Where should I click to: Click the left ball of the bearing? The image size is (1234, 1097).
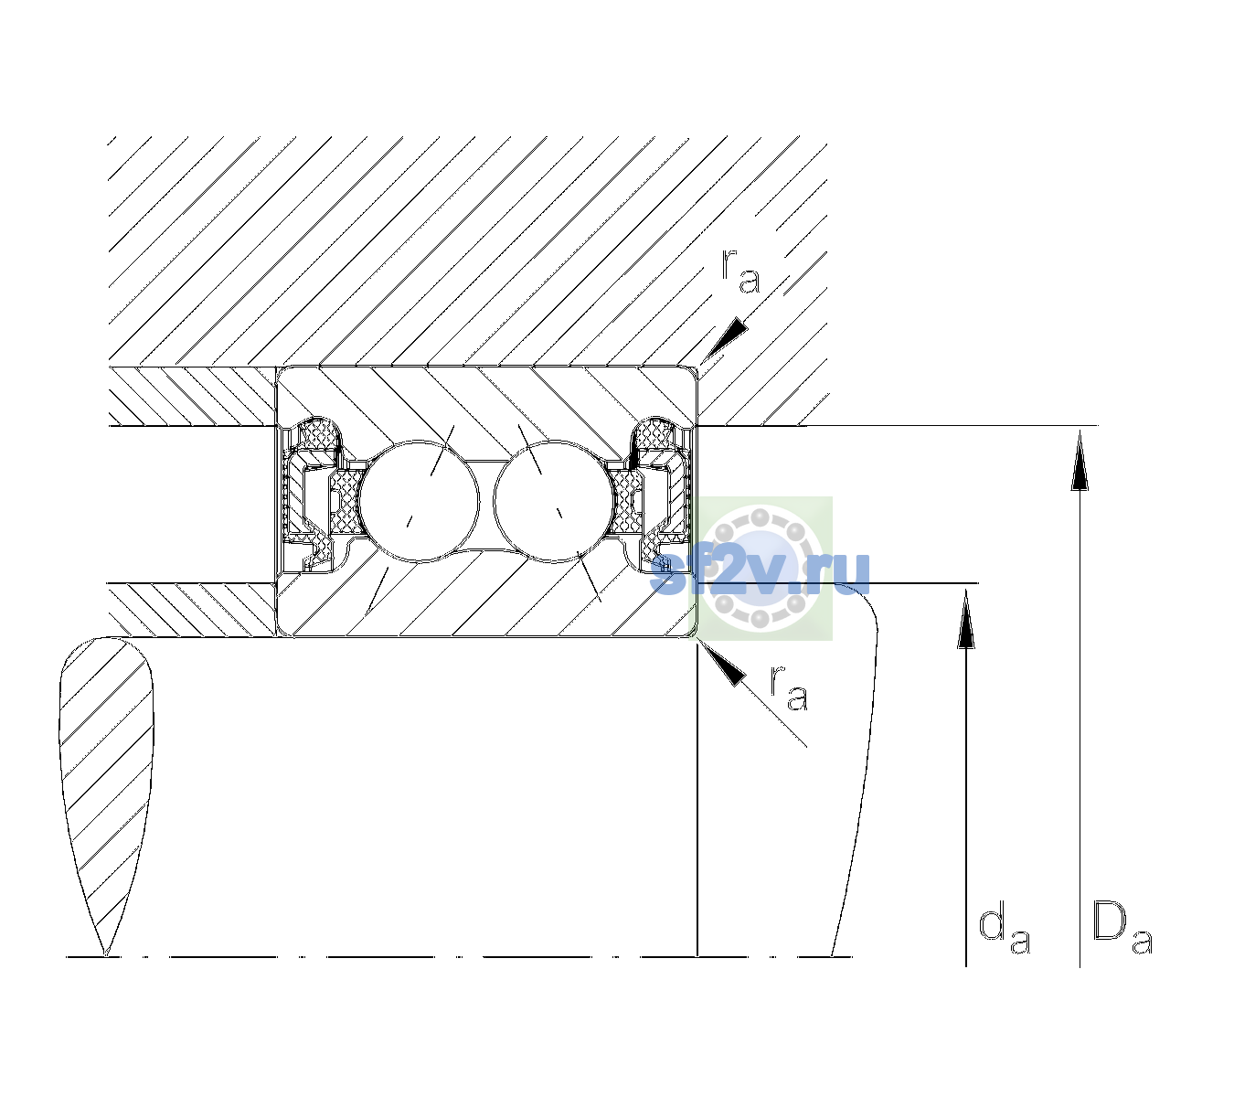[x=419, y=501]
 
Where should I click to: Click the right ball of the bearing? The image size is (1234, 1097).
[x=553, y=501]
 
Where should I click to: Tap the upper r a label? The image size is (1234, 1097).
[x=740, y=272]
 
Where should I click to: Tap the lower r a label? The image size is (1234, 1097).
[x=788, y=688]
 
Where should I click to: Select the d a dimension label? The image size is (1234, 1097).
[x=1005, y=932]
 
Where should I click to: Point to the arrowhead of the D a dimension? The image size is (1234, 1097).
[x=1080, y=459]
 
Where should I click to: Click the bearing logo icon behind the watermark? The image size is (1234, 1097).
[x=761, y=569]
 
